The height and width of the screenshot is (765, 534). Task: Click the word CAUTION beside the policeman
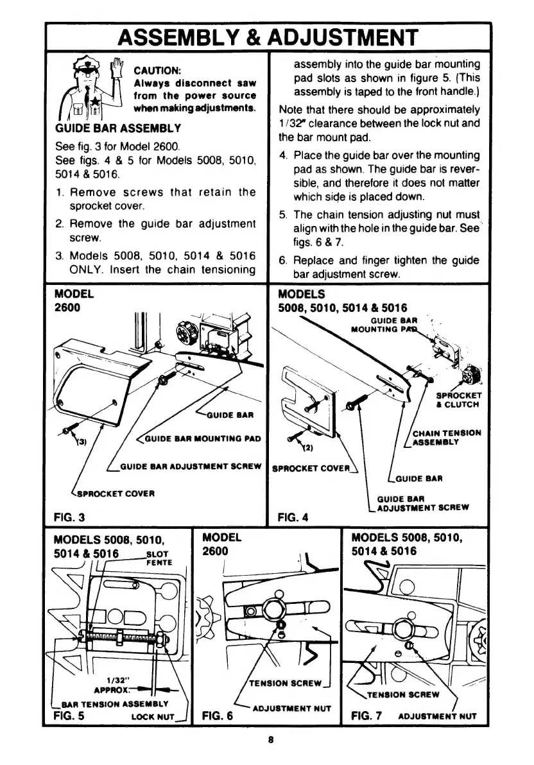pos(152,69)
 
